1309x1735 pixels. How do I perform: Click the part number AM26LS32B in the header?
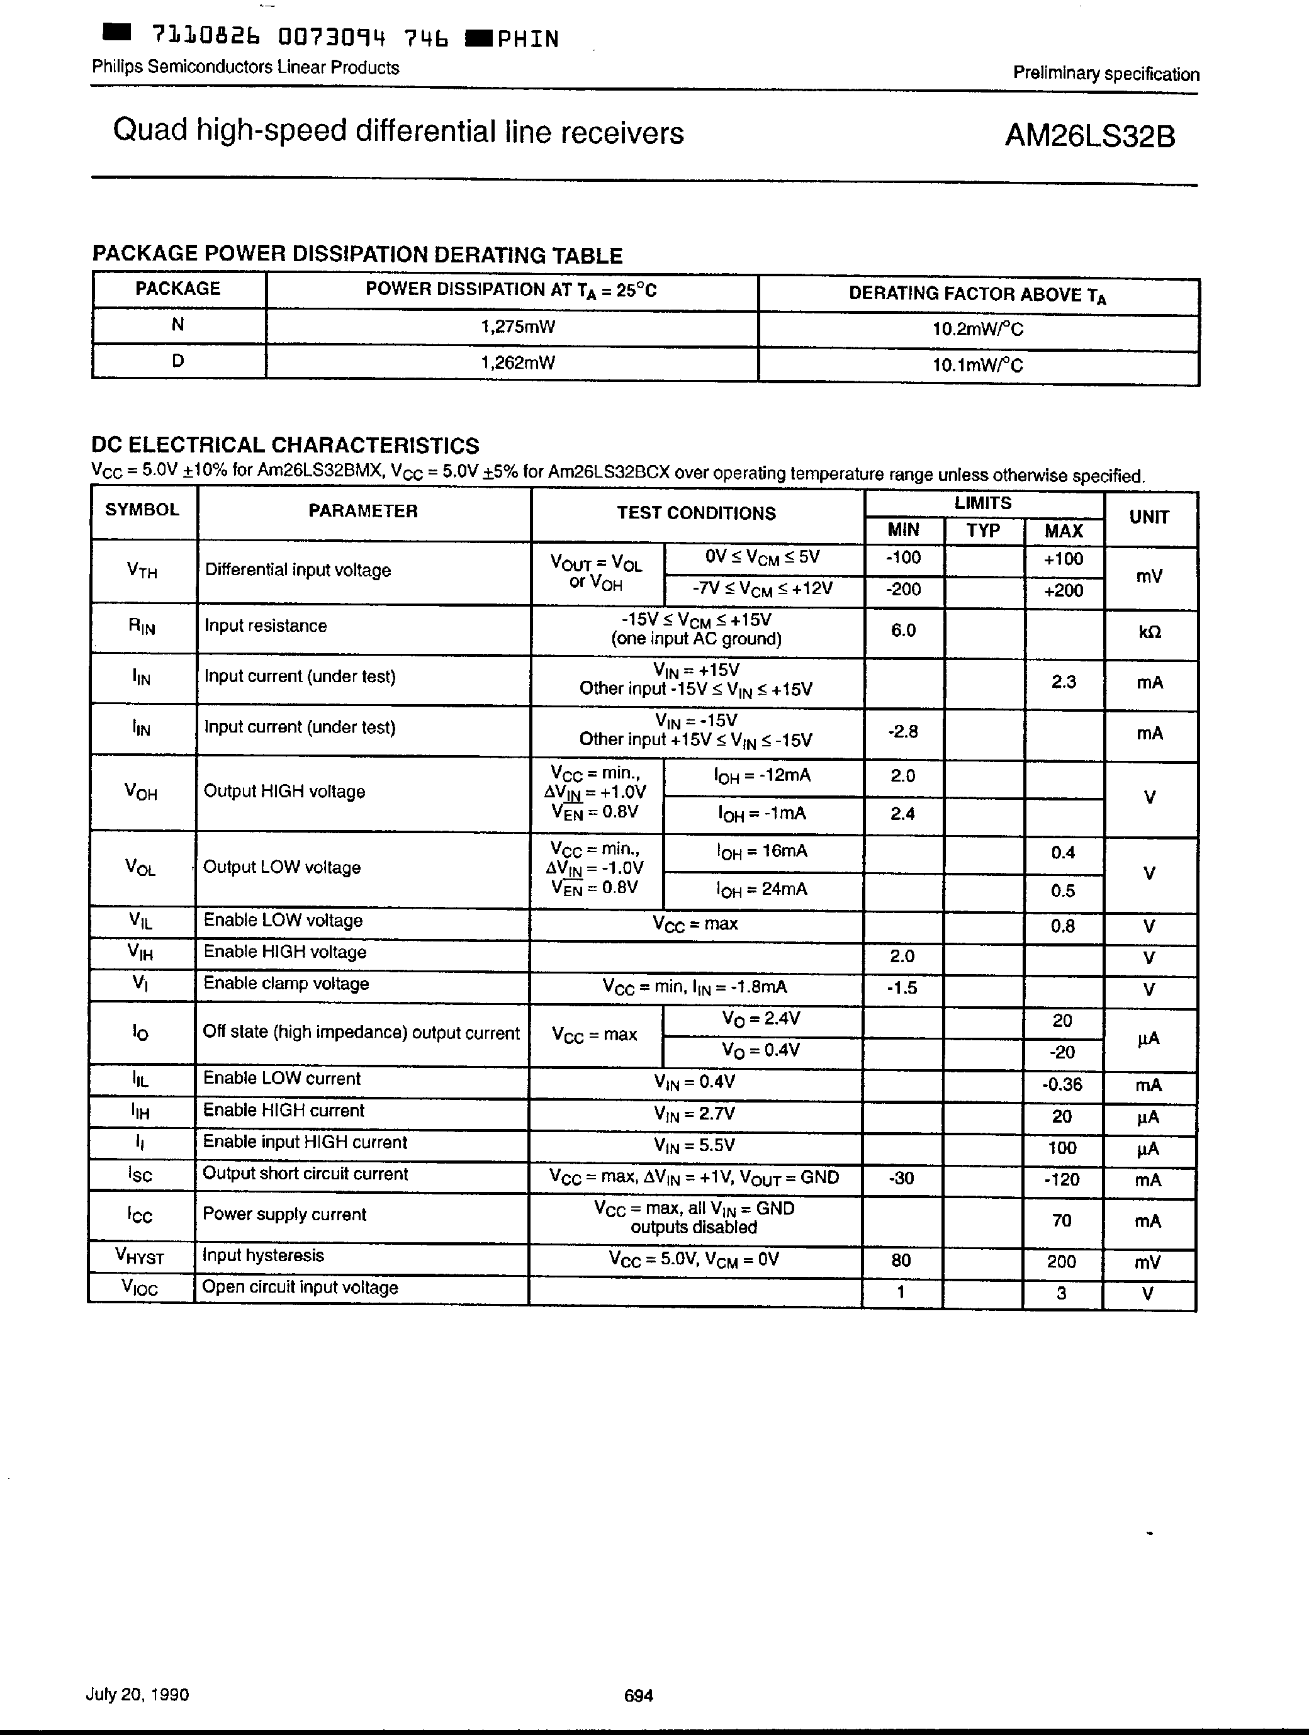1089,137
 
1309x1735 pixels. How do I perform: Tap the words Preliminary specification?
1106,74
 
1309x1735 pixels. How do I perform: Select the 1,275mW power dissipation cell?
518,326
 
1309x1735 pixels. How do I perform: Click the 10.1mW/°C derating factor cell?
977,365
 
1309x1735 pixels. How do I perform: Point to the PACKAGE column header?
178,289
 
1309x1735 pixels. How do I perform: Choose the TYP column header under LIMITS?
984,531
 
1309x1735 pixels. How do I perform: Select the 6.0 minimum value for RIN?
902,631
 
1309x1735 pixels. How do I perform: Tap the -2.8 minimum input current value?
902,732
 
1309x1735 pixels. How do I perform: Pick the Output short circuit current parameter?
305,1174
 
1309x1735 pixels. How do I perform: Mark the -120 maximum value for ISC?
1062,1180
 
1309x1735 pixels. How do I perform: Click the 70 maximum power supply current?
1062,1220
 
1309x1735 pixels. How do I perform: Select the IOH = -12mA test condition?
762,776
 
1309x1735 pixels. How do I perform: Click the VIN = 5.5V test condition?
694,1146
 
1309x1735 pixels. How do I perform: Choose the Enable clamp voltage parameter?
286,984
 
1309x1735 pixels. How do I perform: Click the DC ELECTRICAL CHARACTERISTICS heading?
284,446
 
